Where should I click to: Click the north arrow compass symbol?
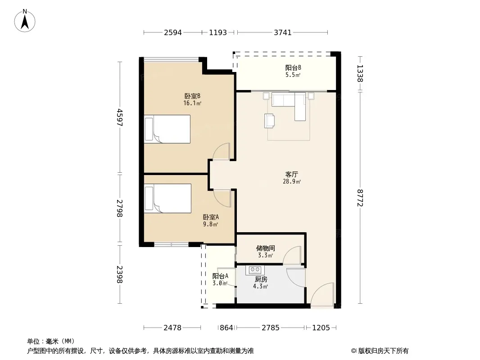(25, 21)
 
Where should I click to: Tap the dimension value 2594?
(173, 32)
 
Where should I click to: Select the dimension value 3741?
(282, 32)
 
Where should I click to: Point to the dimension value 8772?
(360, 198)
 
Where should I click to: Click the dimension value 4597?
(120, 117)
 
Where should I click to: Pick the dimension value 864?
(226, 328)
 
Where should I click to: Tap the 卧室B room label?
(192, 96)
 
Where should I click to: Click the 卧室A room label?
(211, 217)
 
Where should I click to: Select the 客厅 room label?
(292, 174)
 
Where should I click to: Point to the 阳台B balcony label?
(293, 67)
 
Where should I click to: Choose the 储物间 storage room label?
(265, 248)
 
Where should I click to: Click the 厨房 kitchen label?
(261, 279)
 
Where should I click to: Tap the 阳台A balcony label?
(220, 276)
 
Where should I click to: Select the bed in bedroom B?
(167, 129)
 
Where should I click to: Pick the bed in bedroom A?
(168, 198)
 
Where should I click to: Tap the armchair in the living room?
(269, 121)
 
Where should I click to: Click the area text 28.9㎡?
(292, 182)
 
